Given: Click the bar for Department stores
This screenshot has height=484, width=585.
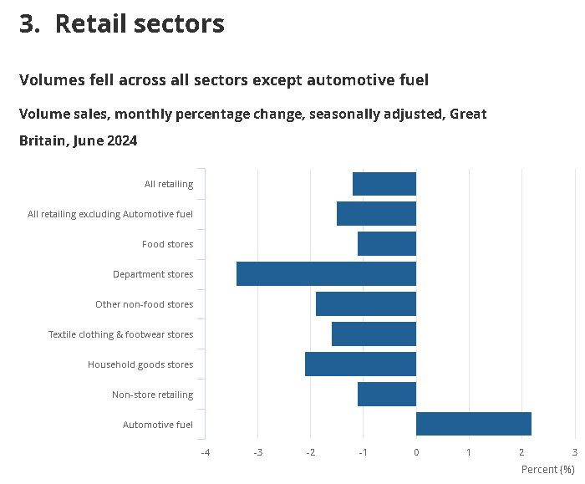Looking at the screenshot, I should click(326, 274).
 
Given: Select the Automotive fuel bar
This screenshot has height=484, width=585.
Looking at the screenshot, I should click(473, 425).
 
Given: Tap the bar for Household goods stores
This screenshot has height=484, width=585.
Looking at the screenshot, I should click(360, 364).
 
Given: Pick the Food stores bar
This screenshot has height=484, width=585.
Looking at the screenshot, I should click(386, 244).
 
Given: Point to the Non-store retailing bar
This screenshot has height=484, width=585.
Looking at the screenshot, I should click(386, 395).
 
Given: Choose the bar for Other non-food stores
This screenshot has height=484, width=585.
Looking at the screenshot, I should click(365, 304).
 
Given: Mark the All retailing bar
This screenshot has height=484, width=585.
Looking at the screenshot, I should click(384, 184).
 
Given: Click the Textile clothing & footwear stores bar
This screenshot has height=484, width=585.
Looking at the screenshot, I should click(374, 334).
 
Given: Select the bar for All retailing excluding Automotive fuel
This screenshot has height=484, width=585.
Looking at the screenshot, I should click(376, 214).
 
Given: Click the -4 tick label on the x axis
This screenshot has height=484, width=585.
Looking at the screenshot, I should click(205, 452).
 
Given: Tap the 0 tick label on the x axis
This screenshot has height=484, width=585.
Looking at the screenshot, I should click(416, 452).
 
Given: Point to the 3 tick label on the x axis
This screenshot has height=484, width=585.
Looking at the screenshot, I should click(575, 452).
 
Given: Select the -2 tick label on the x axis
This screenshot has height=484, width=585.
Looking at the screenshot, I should click(310, 452).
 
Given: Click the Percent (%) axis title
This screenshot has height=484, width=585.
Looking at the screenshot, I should click(548, 470).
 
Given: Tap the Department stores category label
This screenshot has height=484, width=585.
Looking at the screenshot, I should click(153, 274).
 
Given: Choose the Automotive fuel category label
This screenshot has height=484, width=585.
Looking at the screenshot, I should click(158, 425).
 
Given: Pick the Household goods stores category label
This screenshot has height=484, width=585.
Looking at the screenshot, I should click(140, 364).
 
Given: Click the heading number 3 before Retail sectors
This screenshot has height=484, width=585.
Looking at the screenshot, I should click(28, 24).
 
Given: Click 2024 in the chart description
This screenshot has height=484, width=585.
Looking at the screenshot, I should click(120, 141).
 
